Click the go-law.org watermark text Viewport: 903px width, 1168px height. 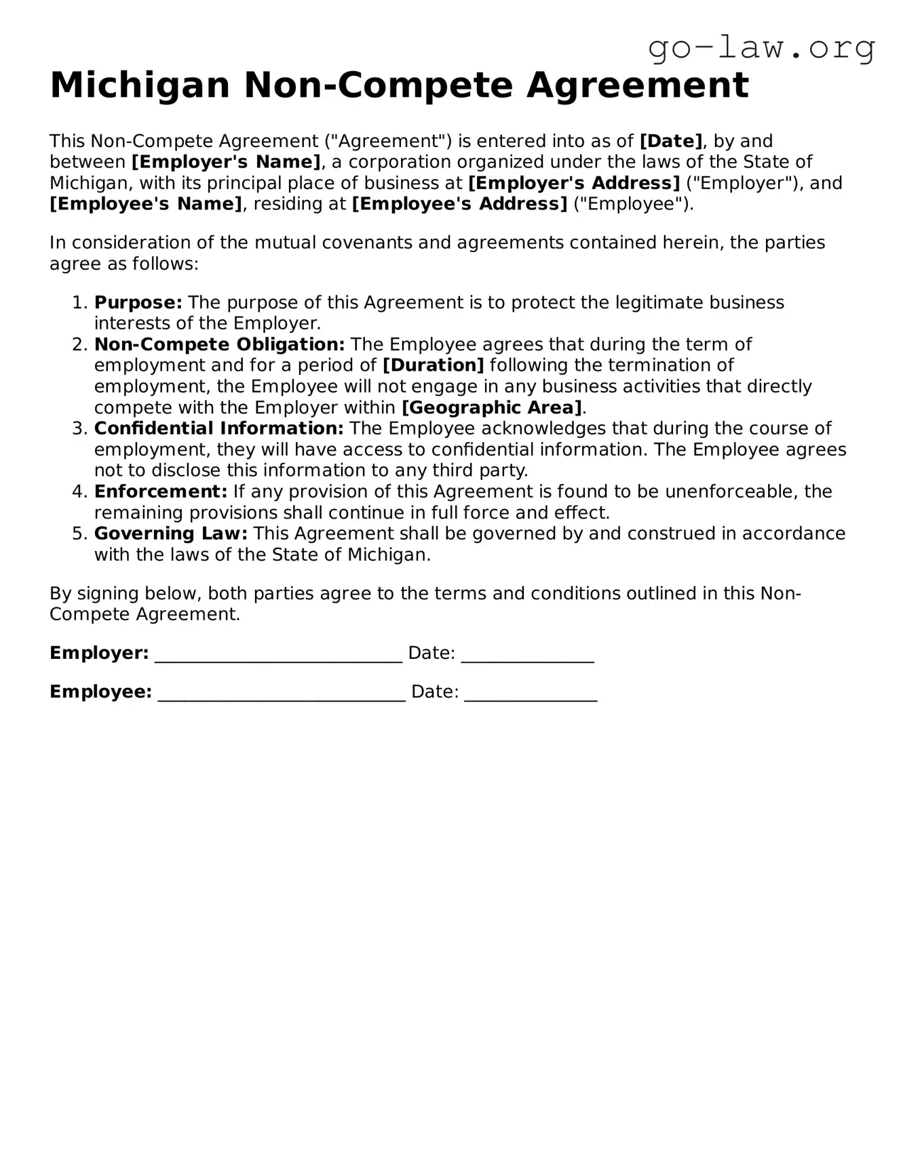(x=761, y=48)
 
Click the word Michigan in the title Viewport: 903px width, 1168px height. (x=140, y=85)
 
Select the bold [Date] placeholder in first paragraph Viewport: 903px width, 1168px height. (x=671, y=141)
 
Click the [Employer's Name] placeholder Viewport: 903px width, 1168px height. (x=226, y=162)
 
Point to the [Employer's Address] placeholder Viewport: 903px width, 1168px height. (x=574, y=183)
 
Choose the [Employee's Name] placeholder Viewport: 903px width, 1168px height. (x=146, y=204)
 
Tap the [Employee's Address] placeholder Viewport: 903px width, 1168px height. (x=459, y=204)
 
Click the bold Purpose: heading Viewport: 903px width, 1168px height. (x=138, y=302)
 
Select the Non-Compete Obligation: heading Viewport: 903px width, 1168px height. (x=219, y=344)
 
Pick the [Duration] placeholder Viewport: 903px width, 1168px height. (x=434, y=365)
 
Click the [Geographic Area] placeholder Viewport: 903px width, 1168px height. (x=492, y=407)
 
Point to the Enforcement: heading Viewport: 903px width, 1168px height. (x=161, y=491)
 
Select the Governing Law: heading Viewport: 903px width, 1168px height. (x=171, y=533)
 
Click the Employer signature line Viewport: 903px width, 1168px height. (x=278, y=656)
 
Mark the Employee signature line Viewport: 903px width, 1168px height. (x=282, y=694)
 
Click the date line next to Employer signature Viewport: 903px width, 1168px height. (x=527, y=656)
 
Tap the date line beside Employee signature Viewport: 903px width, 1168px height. (x=531, y=694)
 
